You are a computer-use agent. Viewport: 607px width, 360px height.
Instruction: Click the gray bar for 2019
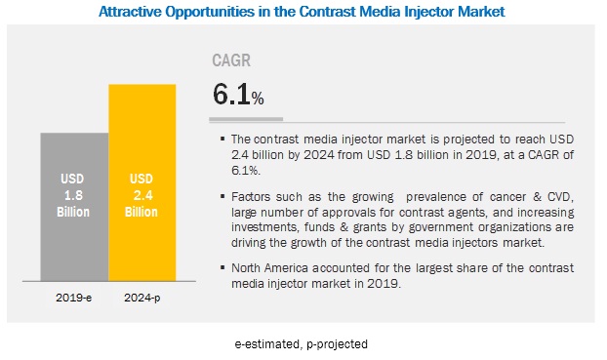[x=74, y=207]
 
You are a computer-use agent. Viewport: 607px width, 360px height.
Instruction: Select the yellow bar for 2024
[x=142, y=182]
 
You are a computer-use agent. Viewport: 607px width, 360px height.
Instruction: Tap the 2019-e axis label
[x=73, y=298]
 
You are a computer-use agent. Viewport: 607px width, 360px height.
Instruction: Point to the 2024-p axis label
[x=142, y=299]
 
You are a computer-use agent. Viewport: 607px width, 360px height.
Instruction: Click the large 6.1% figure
[x=238, y=94]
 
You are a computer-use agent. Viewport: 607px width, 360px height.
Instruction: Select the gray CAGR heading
[x=231, y=60]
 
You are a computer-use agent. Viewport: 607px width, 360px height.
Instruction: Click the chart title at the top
[x=302, y=12]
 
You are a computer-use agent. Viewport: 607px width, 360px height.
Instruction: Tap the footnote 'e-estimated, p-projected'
[x=302, y=344]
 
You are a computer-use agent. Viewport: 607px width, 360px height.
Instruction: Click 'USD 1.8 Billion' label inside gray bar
[x=73, y=195]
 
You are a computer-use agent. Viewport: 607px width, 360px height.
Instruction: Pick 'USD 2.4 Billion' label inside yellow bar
[x=142, y=195]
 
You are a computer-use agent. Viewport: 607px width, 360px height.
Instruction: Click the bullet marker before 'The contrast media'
[x=223, y=139]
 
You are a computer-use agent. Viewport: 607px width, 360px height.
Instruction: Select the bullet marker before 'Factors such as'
[x=223, y=196]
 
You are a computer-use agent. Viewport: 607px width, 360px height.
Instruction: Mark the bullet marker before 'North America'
[x=223, y=267]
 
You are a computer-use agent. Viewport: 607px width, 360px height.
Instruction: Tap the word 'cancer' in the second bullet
[x=507, y=197]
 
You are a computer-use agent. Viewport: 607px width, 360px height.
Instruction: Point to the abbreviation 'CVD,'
[x=560, y=197]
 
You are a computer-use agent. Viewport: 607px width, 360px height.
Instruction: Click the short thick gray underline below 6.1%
[x=246, y=119]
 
